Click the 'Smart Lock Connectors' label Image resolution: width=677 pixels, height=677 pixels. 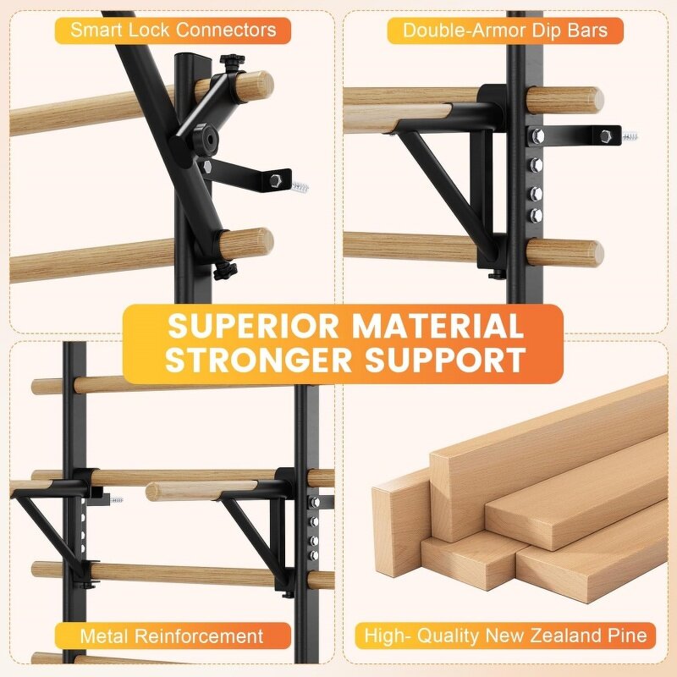173,30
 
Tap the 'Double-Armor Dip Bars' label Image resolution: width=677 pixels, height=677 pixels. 505,30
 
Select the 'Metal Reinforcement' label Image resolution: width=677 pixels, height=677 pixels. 172,636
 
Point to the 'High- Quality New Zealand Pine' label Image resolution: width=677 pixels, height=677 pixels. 505,636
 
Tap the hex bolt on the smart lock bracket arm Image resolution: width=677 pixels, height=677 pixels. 276,179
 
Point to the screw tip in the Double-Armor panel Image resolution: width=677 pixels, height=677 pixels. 630,135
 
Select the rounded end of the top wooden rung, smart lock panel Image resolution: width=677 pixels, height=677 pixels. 261,84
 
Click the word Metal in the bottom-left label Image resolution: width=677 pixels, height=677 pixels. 104,636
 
